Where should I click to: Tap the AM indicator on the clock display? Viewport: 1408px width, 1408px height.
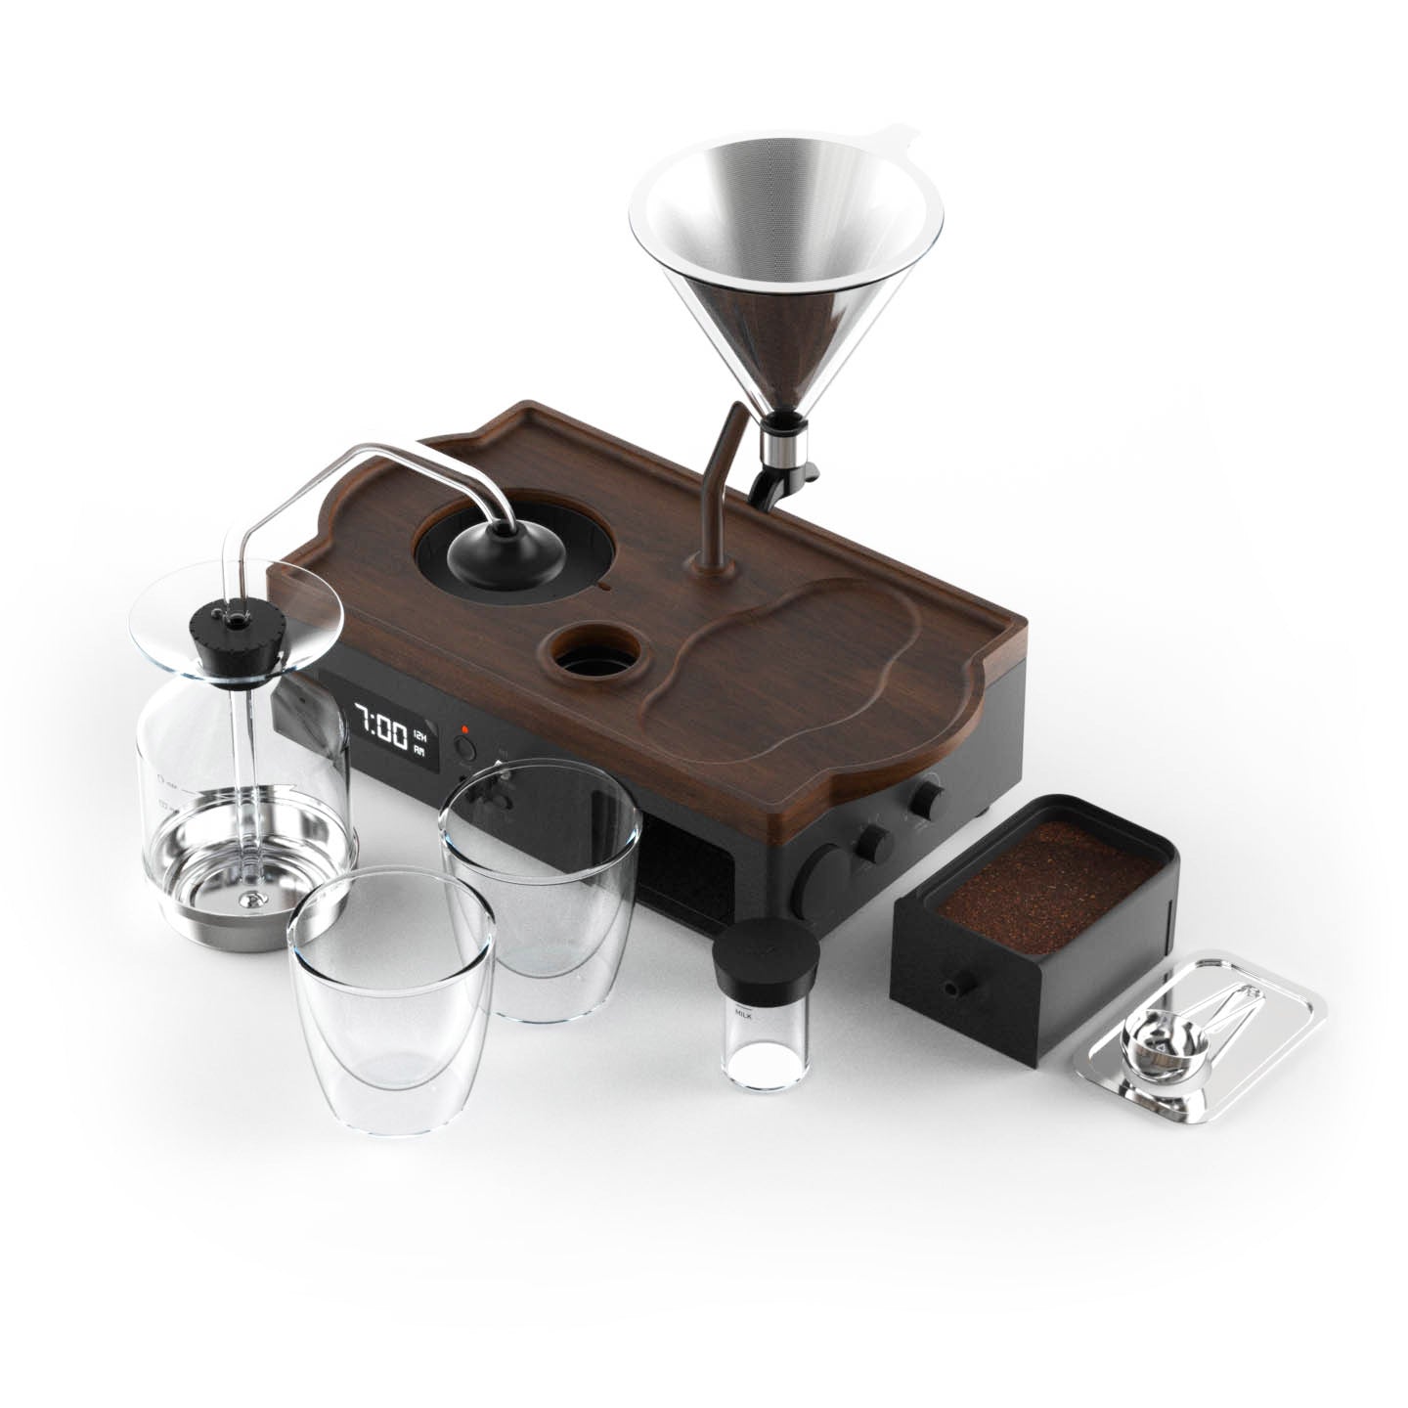click(x=418, y=750)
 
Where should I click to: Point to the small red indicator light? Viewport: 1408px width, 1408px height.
click(x=464, y=728)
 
